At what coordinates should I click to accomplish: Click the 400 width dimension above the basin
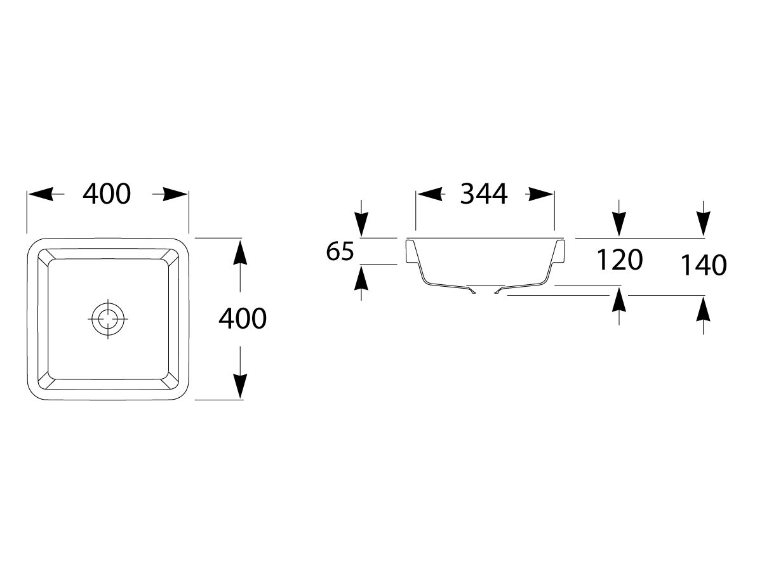[x=107, y=194]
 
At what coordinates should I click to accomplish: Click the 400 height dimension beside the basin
[x=243, y=318]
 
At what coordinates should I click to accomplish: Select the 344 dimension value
[x=484, y=194]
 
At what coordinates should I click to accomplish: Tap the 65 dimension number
[x=340, y=251]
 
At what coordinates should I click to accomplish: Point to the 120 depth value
[x=619, y=259]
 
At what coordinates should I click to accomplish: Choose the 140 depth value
[x=704, y=266]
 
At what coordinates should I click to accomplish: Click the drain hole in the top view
[x=107, y=318]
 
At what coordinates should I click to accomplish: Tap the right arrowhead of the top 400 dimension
[x=175, y=194]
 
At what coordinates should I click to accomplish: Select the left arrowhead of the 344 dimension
[x=430, y=194]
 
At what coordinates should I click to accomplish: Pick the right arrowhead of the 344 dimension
[x=540, y=194]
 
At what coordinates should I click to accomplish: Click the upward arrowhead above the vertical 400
[x=240, y=252]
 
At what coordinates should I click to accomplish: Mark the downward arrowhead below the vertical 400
[x=240, y=386]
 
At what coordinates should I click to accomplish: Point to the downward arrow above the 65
[x=361, y=218]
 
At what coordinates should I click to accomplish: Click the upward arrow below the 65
[x=361, y=282]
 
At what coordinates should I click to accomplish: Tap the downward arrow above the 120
[x=619, y=218]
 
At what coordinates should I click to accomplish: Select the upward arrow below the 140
[x=704, y=315]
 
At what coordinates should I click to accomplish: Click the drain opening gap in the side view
[x=485, y=291]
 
